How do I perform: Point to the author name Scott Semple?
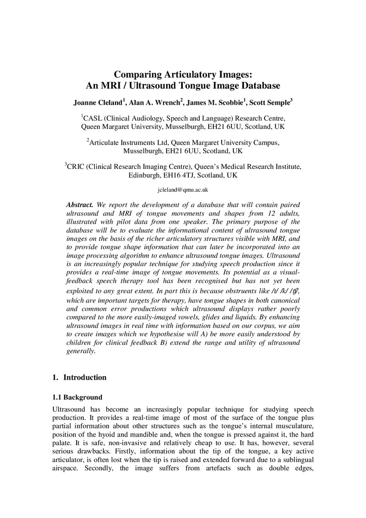271,102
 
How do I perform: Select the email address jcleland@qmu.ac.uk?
183,190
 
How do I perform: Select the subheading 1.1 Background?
78,397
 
